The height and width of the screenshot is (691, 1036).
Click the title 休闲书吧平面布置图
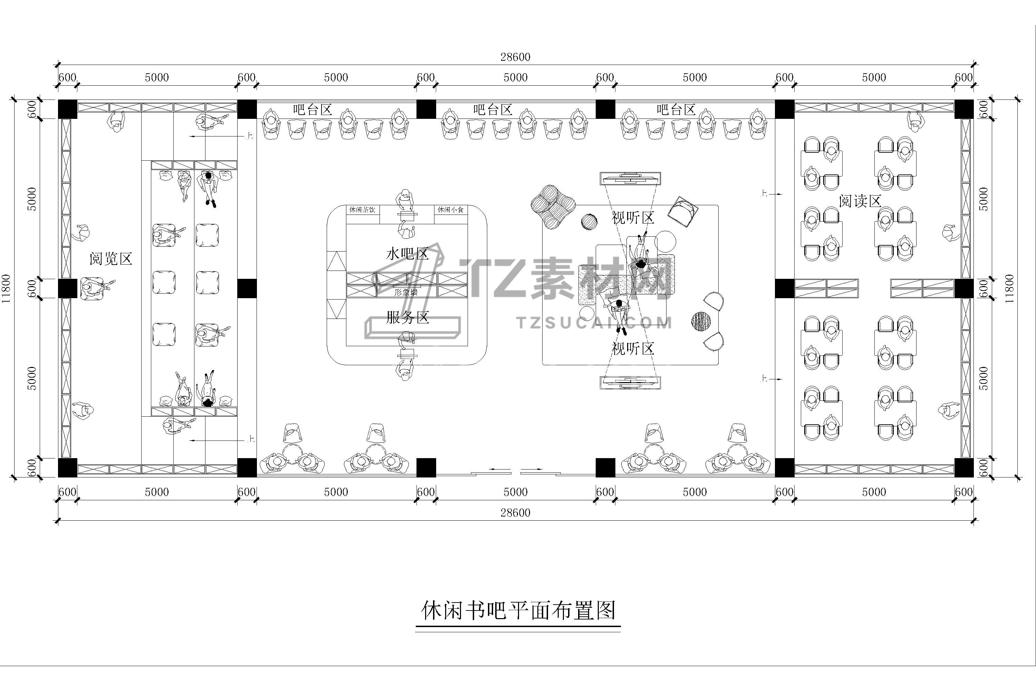(x=518, y=611)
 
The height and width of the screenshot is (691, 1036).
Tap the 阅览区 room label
(x=111, y=259)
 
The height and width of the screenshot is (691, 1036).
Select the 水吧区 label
(x=407, y=254)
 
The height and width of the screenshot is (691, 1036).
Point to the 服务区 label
(x=407, y=317)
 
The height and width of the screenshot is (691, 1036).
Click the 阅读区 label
(x=860, y=201)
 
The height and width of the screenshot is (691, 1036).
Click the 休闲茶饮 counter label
(x=362, y=210)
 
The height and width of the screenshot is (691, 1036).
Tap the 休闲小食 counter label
(x=450, y=210)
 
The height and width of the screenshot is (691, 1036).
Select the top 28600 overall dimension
(x=515, y=57)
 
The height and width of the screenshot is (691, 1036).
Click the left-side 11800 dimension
(x=6, y=288)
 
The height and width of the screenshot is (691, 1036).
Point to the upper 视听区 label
(x=633, y=218)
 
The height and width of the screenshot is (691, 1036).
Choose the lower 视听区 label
(x=633, y=349)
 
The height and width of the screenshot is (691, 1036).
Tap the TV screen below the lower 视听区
(x=630, y=382)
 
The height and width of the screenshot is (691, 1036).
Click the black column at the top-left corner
(x=67, y=109)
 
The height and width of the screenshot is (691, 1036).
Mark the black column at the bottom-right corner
(x=964, y=467)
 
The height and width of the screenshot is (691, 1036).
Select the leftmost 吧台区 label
(x=312, y=110)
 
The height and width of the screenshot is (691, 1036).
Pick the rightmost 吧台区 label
(x=676, y=110)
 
